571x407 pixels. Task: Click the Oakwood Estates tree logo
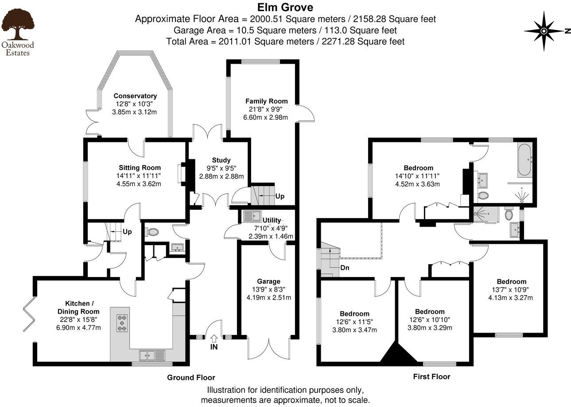pyautogui.click(x=17, y=24)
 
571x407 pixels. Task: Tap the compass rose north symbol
pyautogui.click(x=544, y=31)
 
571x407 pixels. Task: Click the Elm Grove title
pyautogui.click(x=285, y=8)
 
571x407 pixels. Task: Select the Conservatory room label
pyautogui.click(x=135, y=96)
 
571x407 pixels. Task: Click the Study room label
pyautogui.click(x=221, y=160)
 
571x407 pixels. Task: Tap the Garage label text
pyautogui.click(x=269, y=281)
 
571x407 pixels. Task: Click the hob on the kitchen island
pyautogui.click(x=122, y=323)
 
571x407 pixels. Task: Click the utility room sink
pyautogui.click(x=251, y=216)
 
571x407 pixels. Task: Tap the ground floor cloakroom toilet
pyautogui.click(x=152, y=231)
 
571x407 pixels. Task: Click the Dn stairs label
pyautogui.click(x=345, y=268)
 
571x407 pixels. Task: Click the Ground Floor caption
pyautogui.click(x=191, y=377)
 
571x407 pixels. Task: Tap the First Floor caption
pyautogui.click(x=431, y=376)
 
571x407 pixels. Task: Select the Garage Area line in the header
pyautogui.click(x=285, y=30)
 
